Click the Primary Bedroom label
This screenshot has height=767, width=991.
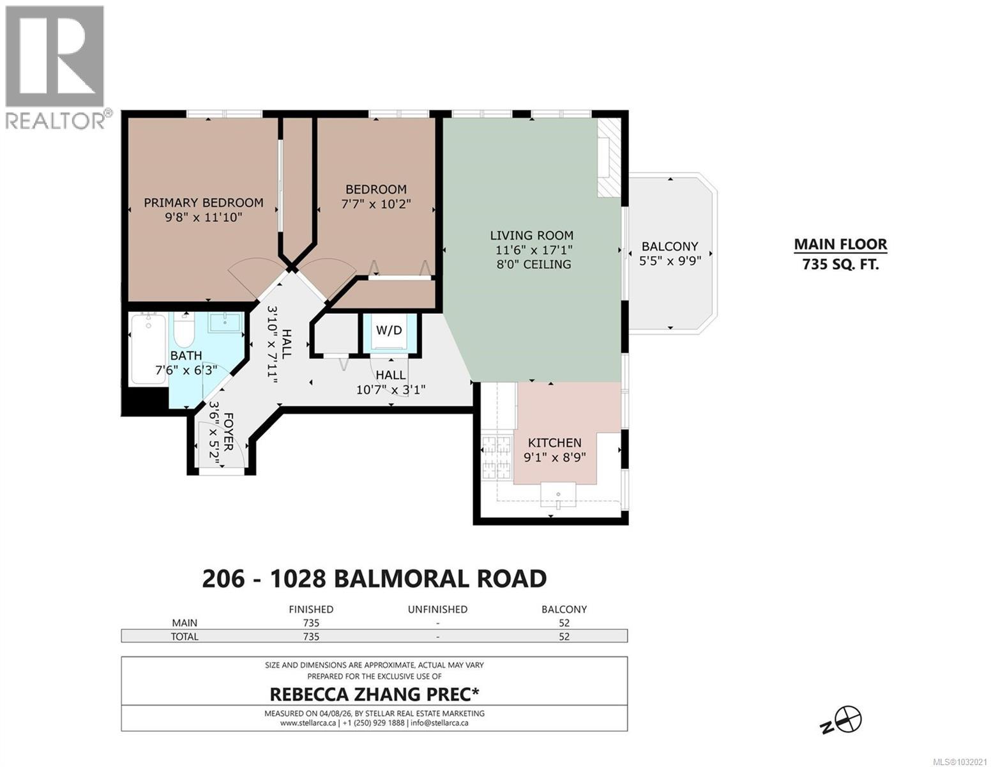203,203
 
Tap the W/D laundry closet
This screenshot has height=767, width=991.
389,330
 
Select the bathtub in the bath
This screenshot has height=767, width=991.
148,349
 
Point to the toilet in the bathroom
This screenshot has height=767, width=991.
183,329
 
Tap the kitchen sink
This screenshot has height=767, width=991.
558,494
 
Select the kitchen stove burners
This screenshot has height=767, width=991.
492,458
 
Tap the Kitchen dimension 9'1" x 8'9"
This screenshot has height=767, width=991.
554,457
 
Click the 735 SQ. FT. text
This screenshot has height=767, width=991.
840,264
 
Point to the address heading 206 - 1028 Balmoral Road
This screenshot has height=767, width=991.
374,578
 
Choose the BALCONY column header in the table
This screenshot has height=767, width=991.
564,609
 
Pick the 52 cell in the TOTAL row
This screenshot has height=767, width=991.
564,637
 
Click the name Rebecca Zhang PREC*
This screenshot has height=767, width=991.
374,694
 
